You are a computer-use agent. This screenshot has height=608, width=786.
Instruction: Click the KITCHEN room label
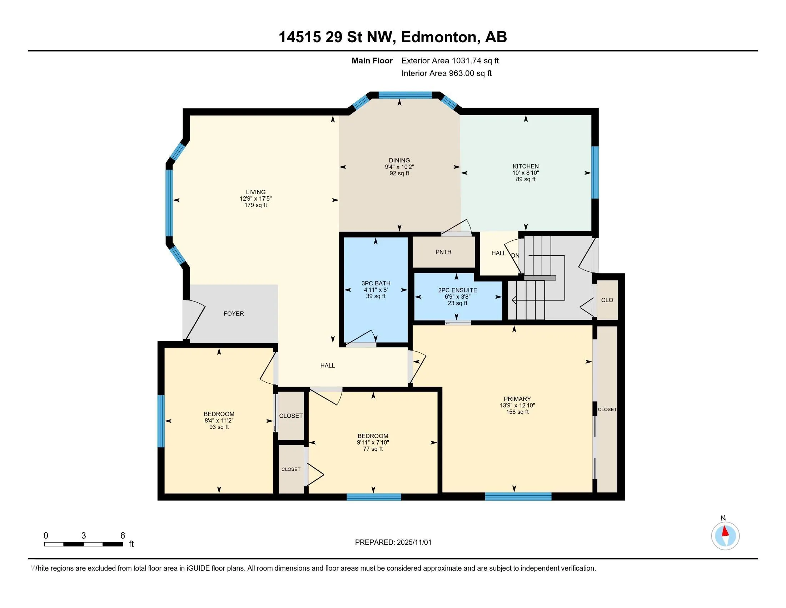[x=526, y=166]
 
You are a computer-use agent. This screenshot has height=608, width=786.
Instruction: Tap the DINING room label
[x=399, y=160]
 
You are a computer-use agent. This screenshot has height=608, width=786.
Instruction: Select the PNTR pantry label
[x=443, y=252]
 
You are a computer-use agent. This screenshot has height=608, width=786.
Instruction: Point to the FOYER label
[x=234, y=314]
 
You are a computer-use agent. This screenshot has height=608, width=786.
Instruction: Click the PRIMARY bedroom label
[x=517, y=399]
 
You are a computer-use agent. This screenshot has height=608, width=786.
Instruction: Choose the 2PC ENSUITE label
[x=457, y=290]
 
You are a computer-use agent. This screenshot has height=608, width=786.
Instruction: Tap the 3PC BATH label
[x=376, y=284]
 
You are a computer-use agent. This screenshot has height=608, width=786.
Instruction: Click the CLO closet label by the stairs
[x=607, y=300]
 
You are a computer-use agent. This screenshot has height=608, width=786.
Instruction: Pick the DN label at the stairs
[x=515, y=255]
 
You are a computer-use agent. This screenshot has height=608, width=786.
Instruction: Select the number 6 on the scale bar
[x=123, y=536]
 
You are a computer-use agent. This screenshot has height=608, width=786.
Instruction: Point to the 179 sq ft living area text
[x=255, y=205]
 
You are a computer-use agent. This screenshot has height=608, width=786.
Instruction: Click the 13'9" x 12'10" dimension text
[x=517, y=405]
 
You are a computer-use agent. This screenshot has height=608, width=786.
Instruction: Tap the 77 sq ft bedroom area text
[x=373, y=449]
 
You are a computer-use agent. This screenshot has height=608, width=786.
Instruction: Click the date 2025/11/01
[x=413, y=543]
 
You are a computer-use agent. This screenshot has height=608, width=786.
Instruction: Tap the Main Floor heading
[x=372, y=61]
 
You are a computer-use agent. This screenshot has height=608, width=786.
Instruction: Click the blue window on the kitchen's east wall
[x=595, y=172]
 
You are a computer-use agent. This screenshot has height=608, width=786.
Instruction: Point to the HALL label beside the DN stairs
[x=498, y=253]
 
